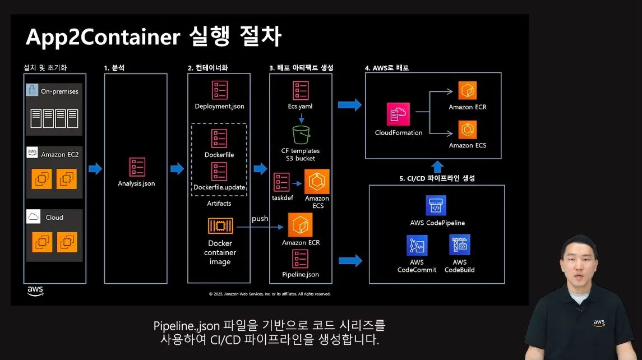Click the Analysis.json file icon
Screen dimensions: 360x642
coord(137,167)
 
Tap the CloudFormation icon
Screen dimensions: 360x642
coord(398,115)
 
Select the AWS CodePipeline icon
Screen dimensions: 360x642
coord(436,206)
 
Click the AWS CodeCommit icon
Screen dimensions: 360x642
coord(417,246)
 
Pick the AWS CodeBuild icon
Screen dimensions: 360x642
coord(459,246)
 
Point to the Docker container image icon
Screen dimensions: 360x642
coord(220,226)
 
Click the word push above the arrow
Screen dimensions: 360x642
coord(260,218)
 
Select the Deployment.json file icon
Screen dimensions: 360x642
coord(219,91)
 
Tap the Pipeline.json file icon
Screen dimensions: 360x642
coord(301,259)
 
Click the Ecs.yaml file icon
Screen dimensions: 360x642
coord(301,91)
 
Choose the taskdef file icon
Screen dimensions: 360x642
coord(281,182)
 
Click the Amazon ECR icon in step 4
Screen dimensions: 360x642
coord(467,91)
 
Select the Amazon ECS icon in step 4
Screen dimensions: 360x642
coord(467,130)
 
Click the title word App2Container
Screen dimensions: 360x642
coord(102,37)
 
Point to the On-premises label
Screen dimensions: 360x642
coord(59,91)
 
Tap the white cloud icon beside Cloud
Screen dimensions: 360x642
coord(33,217)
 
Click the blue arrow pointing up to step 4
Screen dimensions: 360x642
coord(438,167)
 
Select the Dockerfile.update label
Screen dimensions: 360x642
coord(219,187)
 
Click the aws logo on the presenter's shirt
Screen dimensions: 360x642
coord(599,322)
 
